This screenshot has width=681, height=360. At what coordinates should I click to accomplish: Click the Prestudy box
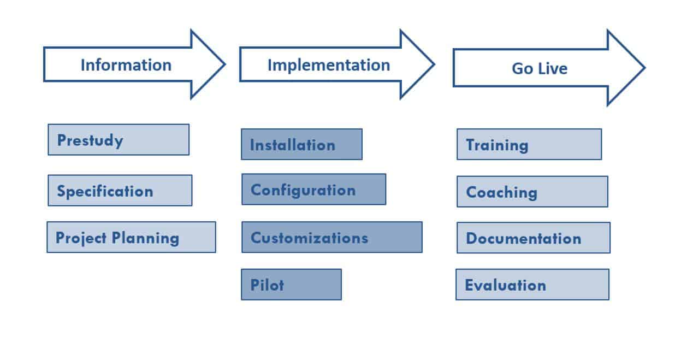(x=119, y=140)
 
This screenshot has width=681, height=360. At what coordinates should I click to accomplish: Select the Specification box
(x=120, y=191)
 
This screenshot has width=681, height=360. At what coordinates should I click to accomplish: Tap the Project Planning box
(x=131, y=237)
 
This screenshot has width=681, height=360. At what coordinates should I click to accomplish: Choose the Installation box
(x=301, y=144)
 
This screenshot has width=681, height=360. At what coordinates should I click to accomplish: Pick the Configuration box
(x=313, y=190)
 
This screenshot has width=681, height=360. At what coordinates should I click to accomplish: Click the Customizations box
(x=331, y=237)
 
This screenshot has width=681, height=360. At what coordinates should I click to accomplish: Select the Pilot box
(x=291, y=285)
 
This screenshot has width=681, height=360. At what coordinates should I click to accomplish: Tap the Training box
(x=529, y=144)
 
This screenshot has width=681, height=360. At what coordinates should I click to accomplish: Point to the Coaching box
(x=532, y=192)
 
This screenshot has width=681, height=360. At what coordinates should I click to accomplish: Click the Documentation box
(x=533, y=238)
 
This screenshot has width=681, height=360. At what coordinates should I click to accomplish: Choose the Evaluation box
(x=532, y=285)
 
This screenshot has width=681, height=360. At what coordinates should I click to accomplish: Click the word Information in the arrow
(x=126, y=65)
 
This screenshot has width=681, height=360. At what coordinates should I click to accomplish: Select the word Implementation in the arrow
(x=329, y=65)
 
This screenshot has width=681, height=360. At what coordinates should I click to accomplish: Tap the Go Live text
(x=540, y=68)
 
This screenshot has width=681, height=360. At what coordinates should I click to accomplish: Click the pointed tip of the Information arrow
(x=223, y=64)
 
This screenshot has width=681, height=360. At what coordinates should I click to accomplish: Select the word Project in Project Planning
(x=81, y=238)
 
